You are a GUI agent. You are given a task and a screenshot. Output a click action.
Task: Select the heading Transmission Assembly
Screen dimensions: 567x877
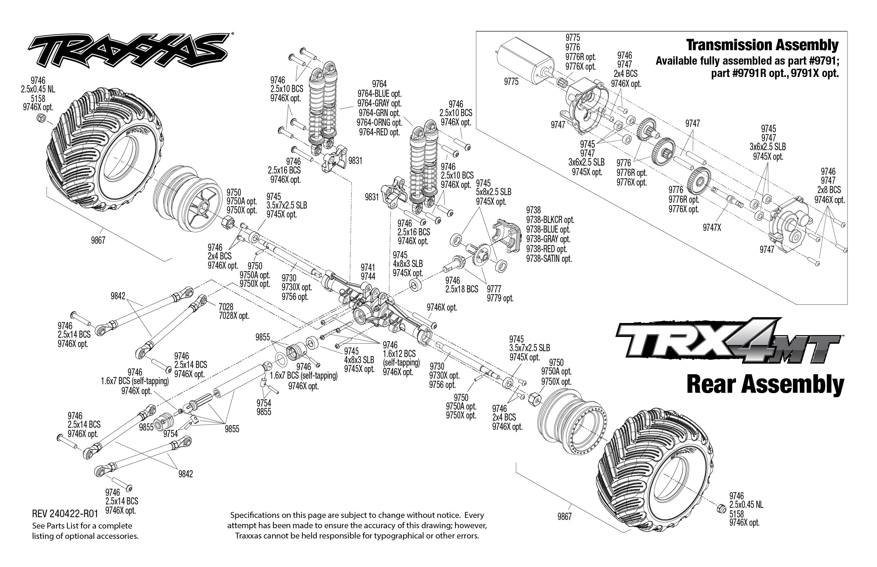coord(762,45)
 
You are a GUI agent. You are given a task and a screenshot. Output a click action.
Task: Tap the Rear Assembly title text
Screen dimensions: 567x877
coord(765,385)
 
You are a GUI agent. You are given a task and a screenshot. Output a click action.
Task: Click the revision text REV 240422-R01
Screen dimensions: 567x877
coord(65,514)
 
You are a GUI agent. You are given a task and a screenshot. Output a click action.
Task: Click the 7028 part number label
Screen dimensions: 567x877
coord(226,306)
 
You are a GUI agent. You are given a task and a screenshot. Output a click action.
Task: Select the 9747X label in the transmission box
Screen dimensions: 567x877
coord(711,228)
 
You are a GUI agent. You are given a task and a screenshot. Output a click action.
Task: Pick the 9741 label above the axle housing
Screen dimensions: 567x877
coord(368,267)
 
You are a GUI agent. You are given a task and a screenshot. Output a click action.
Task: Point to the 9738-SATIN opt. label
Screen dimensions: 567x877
coord(549,259)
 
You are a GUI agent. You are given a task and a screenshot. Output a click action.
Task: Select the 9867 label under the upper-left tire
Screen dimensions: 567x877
coord(98,241)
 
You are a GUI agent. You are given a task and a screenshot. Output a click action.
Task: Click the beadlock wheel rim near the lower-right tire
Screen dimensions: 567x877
coord(571,423)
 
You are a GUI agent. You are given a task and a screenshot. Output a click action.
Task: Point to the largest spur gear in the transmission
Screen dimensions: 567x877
coord(699,180)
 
